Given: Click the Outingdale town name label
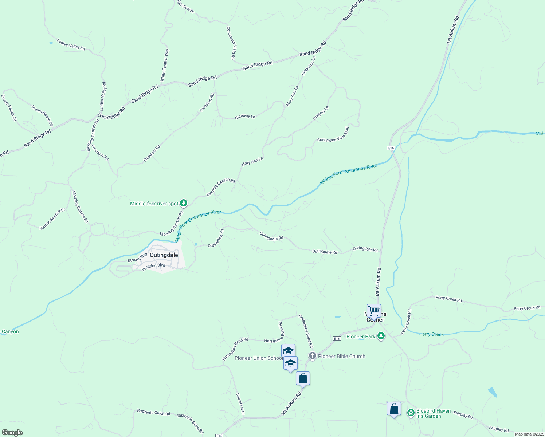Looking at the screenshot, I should click(x=164, y=255).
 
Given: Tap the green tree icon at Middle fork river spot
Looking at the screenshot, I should click(x=184, y=203).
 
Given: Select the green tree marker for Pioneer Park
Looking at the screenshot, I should click(x=381, y=336).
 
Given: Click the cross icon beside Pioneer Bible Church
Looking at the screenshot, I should click(x=312, y=356).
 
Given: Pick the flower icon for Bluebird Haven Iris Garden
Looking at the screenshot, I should click(x=411, y=413).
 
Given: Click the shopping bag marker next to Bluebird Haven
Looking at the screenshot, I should click(x=394, y=409).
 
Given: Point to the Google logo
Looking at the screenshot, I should click(x=12, y=433).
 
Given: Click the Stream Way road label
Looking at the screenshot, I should click(x=137, y=258).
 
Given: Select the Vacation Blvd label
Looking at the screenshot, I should click(x=153, y=267).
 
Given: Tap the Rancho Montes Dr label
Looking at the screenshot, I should click(x=52, y=219).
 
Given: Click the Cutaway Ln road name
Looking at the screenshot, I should click(x=245, y=117).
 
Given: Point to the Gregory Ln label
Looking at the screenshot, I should click(x=321, y=113).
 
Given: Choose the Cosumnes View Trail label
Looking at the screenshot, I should click(x=333, y=134).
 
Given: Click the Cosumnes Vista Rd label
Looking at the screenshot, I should click(x=231, y=43).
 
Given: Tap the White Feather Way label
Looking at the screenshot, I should click(x=165, y=65).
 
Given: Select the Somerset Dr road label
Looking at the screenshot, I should click(x=240, y=404).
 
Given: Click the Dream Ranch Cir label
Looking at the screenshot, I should click(x=42, y=116).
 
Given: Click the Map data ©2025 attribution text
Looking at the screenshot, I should click(x=529, y=434).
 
